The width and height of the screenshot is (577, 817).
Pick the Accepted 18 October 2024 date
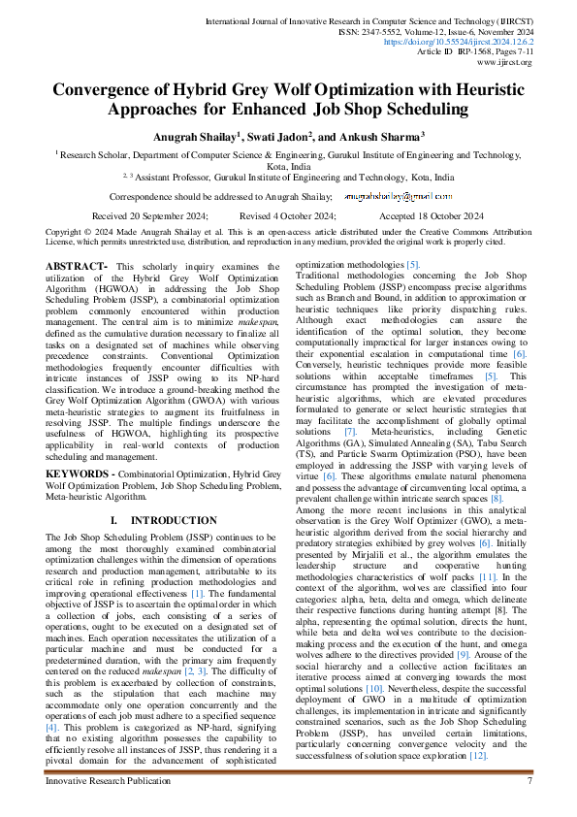coord(433,215)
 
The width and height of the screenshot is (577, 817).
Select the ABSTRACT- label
coord(78,266)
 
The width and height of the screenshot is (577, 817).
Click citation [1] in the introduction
coord(197,593)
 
